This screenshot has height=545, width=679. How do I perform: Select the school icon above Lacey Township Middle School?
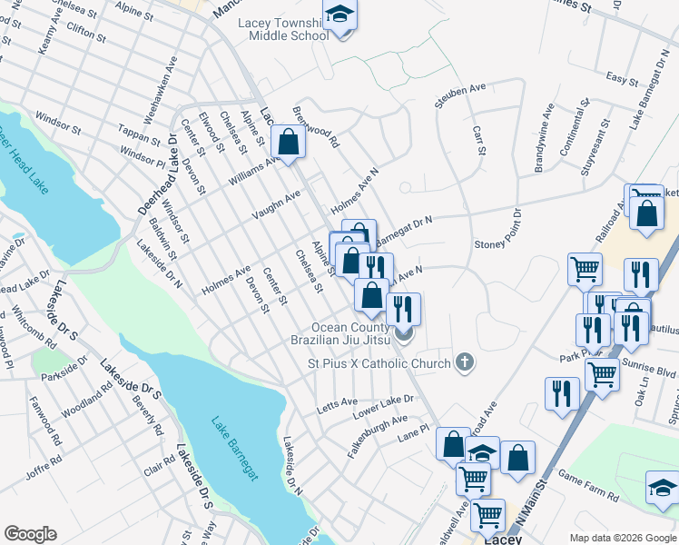click(339, 15)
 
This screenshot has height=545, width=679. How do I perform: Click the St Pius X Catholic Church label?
click(378, 364)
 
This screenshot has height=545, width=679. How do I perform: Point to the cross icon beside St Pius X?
click(465, 363)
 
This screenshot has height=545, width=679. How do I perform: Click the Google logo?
click(30, 535)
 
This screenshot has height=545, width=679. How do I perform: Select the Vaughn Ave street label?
click(277, 205)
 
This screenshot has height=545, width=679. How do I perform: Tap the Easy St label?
click(623, 79)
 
